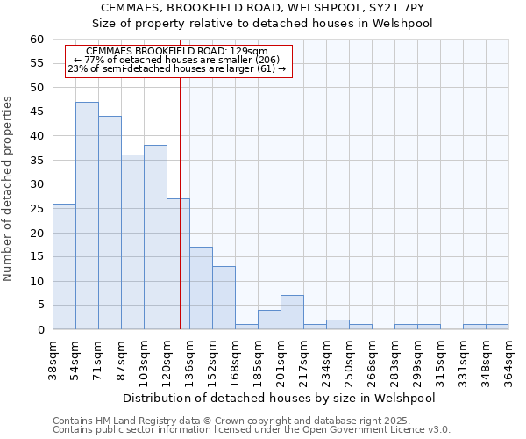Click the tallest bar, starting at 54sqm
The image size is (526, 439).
[87, 216]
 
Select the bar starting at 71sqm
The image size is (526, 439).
[110, 223]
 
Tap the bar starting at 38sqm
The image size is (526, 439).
[64, 267]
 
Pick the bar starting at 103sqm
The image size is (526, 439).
[155, 238]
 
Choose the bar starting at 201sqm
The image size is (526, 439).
[292, 313]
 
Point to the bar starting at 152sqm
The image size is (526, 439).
[224, 298]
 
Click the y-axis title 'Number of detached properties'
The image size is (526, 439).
[10, 189]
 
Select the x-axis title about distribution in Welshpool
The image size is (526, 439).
[281, 398]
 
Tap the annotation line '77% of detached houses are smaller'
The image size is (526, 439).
[176, 60]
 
